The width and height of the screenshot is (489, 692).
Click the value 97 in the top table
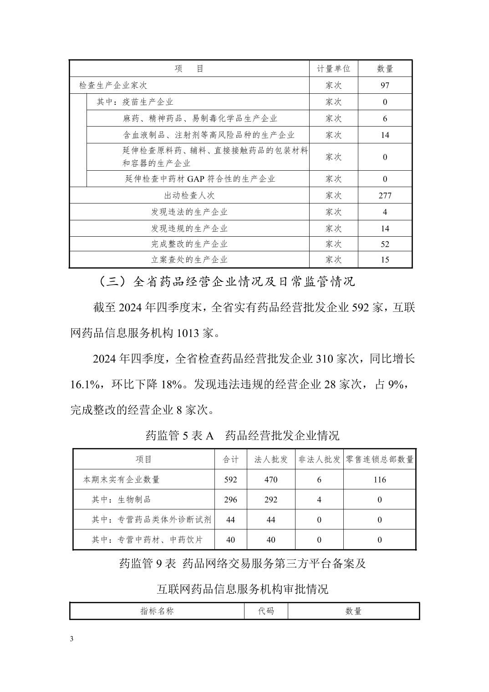(385, 85)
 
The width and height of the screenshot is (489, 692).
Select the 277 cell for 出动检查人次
(385, 195)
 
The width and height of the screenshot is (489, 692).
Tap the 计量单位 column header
(333, 69)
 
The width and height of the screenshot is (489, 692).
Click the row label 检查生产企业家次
(113, 85)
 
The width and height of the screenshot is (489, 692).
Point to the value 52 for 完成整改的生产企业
(385, 244)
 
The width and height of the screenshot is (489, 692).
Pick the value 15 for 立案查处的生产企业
(385, 260)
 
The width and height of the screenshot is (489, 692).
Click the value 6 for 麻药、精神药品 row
(385, 118)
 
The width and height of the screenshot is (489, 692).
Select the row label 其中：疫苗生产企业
(135, 102)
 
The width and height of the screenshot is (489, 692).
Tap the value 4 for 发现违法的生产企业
(385, 212)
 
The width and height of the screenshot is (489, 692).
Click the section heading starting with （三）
(226, 282)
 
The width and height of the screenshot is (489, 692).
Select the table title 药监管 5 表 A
(179, 436)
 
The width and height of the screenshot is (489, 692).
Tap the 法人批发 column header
(271, 459)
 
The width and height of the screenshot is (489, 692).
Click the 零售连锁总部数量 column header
(379, 459)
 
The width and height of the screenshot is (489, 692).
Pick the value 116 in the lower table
(379, 479)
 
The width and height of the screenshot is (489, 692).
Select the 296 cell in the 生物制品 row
(230, 499)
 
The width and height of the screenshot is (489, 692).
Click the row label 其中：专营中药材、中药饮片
(147, 539)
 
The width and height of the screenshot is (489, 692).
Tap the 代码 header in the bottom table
(266, 611)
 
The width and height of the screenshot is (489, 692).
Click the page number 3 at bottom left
(71, 639)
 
